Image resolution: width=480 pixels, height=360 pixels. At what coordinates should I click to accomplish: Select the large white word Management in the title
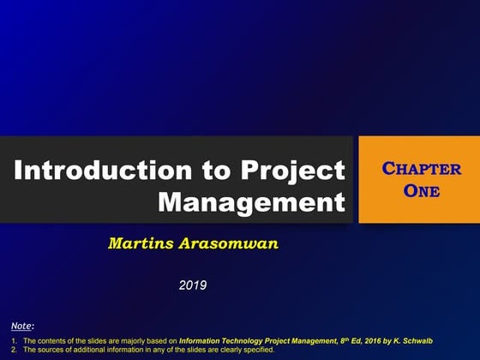(252, 202)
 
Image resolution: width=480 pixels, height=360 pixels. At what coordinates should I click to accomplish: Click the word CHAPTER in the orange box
(421, 169)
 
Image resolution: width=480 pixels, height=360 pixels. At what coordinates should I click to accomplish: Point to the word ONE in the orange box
(421, 190)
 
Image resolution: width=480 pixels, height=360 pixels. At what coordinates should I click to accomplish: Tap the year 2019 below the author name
(193, 285)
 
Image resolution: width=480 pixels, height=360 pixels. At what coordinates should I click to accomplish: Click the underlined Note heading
(22, 326)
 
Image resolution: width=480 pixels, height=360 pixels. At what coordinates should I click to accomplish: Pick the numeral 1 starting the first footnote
(15, 340)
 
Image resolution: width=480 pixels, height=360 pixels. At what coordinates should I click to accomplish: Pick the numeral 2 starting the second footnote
(15, 350)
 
